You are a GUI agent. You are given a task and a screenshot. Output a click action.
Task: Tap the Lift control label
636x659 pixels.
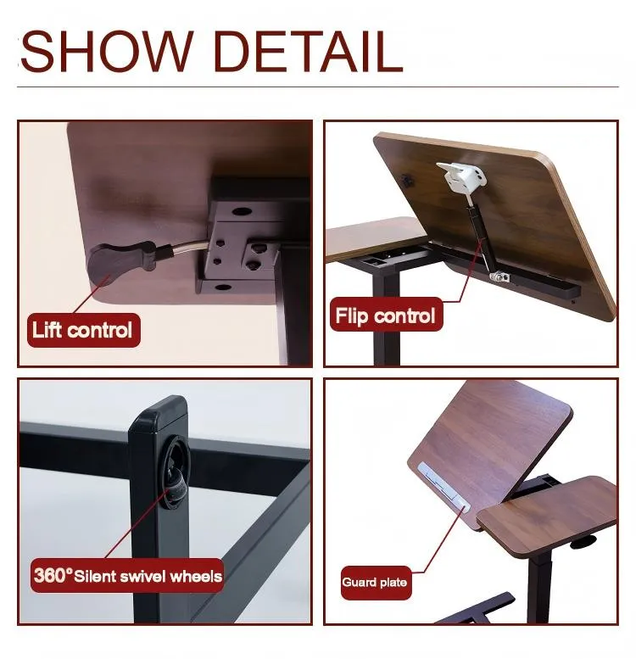point(82,330)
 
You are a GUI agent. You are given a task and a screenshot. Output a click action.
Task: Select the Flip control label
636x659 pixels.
point(385,316)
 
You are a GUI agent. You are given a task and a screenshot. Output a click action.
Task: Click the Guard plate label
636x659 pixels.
point(374,582)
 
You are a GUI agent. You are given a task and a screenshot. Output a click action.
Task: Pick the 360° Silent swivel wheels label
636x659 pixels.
point(128,577)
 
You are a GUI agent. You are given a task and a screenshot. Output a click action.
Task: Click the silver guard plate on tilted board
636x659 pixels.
point(441,488)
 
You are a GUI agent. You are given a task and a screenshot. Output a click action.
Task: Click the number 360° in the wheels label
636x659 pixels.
point(53,576)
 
